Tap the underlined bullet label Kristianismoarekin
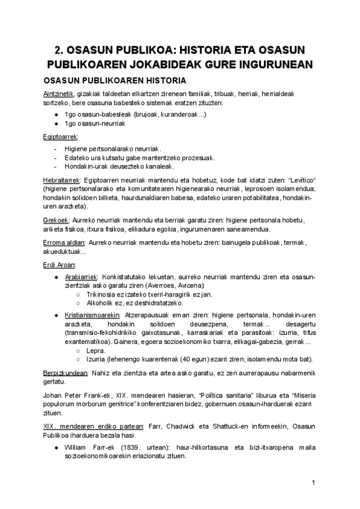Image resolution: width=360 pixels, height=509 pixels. click(x=92, y=314)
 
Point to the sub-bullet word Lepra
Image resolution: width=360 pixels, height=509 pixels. click(x=96, y=351)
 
